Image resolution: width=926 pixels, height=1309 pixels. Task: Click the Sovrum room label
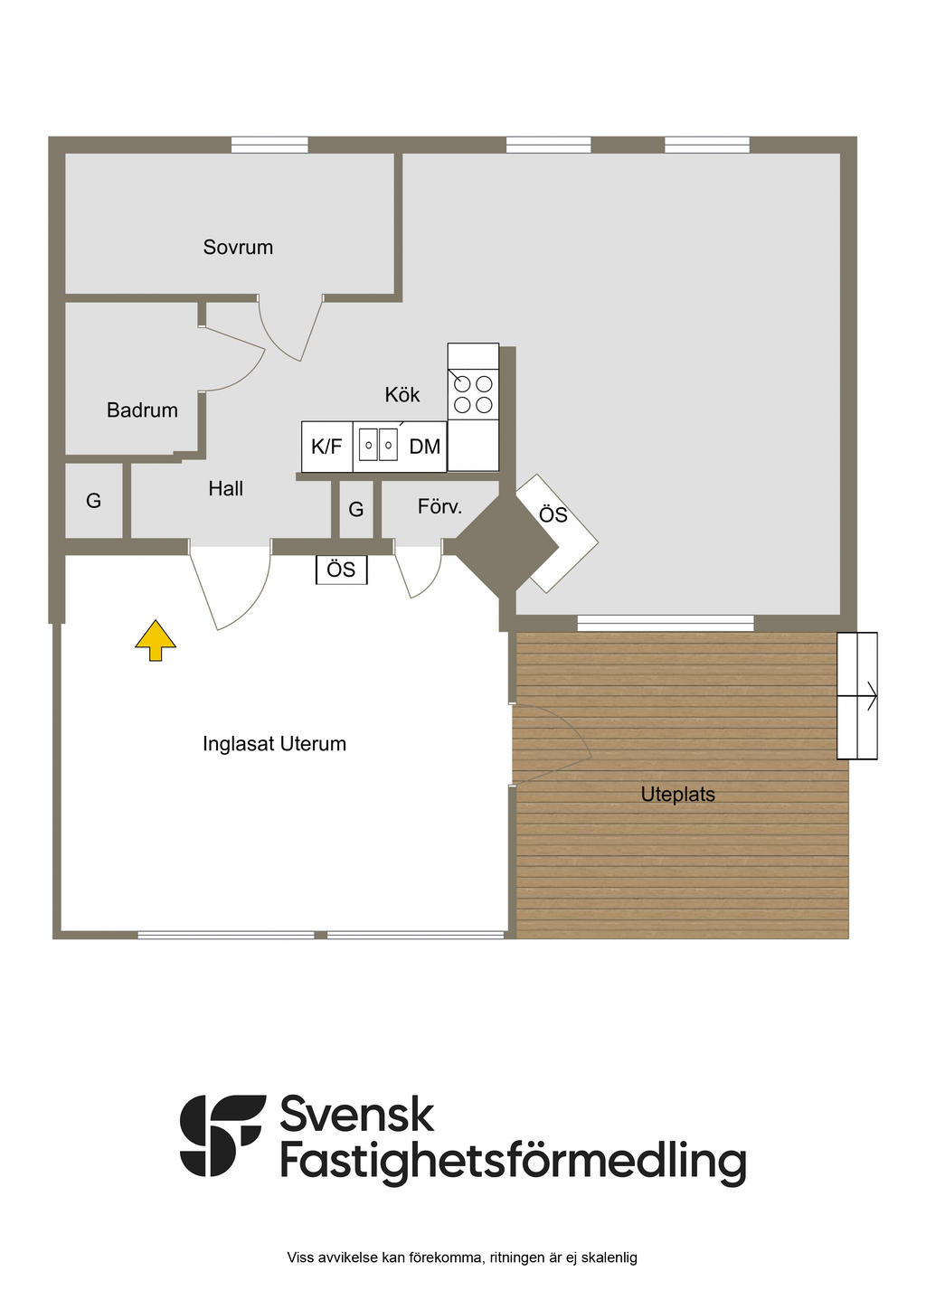238,247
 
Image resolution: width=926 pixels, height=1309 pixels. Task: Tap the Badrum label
142,410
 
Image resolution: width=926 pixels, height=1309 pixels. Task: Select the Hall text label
225,488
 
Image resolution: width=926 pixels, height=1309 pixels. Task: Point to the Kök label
402,394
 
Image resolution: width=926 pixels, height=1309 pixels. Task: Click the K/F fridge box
326,447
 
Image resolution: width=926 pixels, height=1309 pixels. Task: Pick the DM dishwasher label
424,447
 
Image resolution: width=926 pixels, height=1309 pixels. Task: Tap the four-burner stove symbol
473,394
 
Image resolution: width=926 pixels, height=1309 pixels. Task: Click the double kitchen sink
378,445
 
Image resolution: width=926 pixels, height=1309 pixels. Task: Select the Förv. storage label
439,506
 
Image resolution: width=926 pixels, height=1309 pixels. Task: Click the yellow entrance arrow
156,640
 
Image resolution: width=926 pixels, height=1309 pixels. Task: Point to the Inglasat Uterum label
274,744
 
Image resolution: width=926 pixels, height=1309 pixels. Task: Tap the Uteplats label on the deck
677,795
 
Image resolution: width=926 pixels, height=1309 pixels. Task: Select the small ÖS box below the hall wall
341,570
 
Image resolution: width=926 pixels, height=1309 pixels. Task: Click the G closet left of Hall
93,501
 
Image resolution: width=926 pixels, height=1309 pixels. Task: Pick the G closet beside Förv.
356,510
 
